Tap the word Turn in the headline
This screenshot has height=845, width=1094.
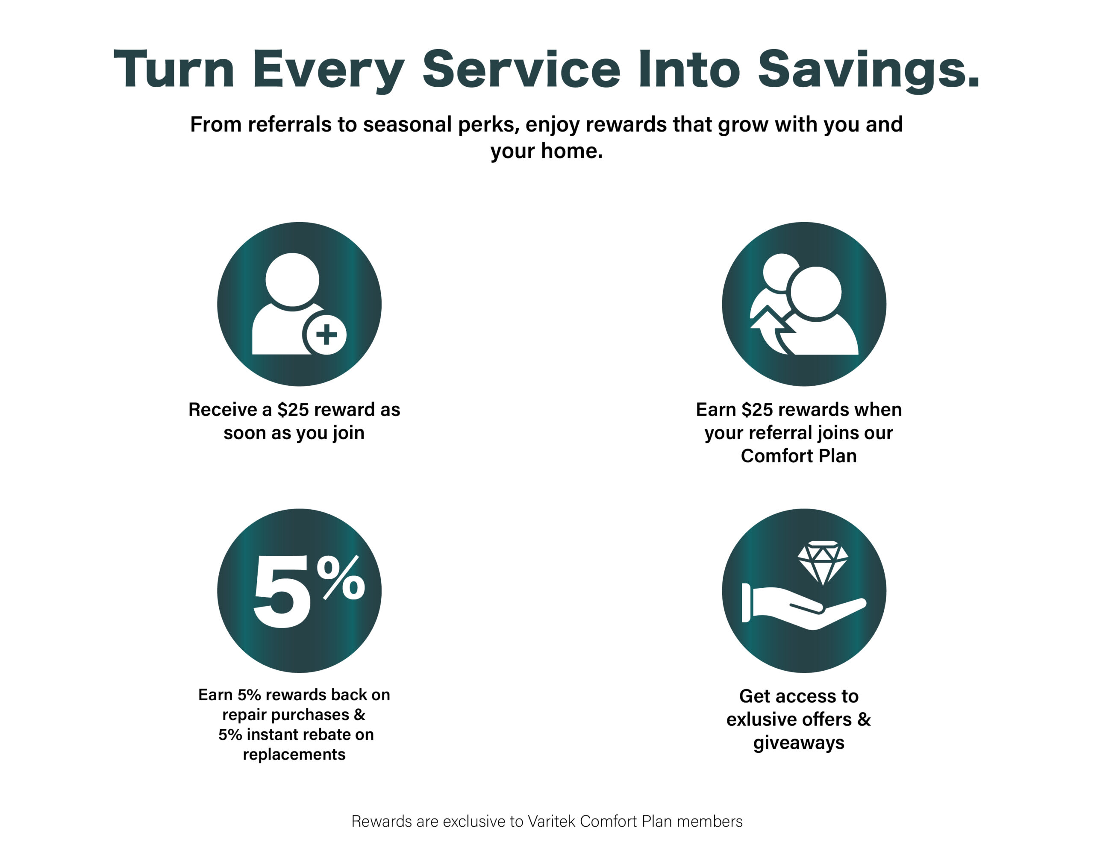(x=174, y=69)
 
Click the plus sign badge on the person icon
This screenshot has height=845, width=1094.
(x=326, y=334)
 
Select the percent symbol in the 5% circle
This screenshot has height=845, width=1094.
(x=344, y=578)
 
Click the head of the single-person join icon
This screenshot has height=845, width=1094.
(x=292, y=279)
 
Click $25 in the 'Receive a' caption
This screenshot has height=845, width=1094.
(x=293, y=410)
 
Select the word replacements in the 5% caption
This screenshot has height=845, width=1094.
(x=294, y=754)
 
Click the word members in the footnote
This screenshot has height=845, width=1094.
(x=709, y=821)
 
